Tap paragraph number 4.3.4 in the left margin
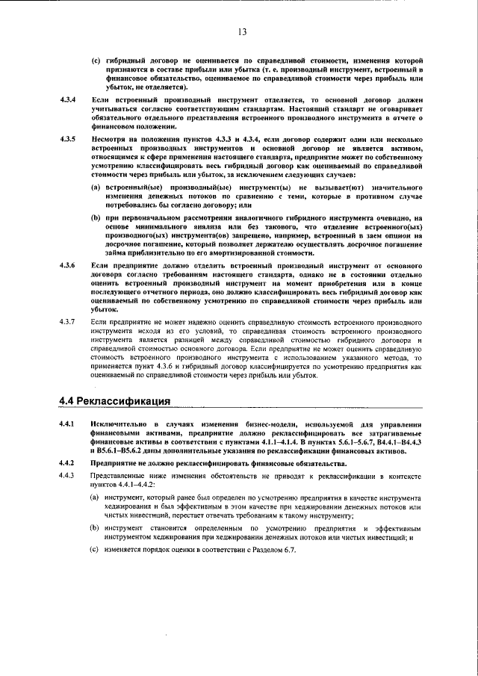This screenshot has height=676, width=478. coord(67,99)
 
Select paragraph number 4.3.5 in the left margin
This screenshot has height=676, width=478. coord(67,139)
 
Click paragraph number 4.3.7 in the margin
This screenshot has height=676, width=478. coord(67,321)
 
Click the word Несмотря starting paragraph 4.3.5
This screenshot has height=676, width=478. coord(111,139)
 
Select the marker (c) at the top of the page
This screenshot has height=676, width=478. coord(95,59)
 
